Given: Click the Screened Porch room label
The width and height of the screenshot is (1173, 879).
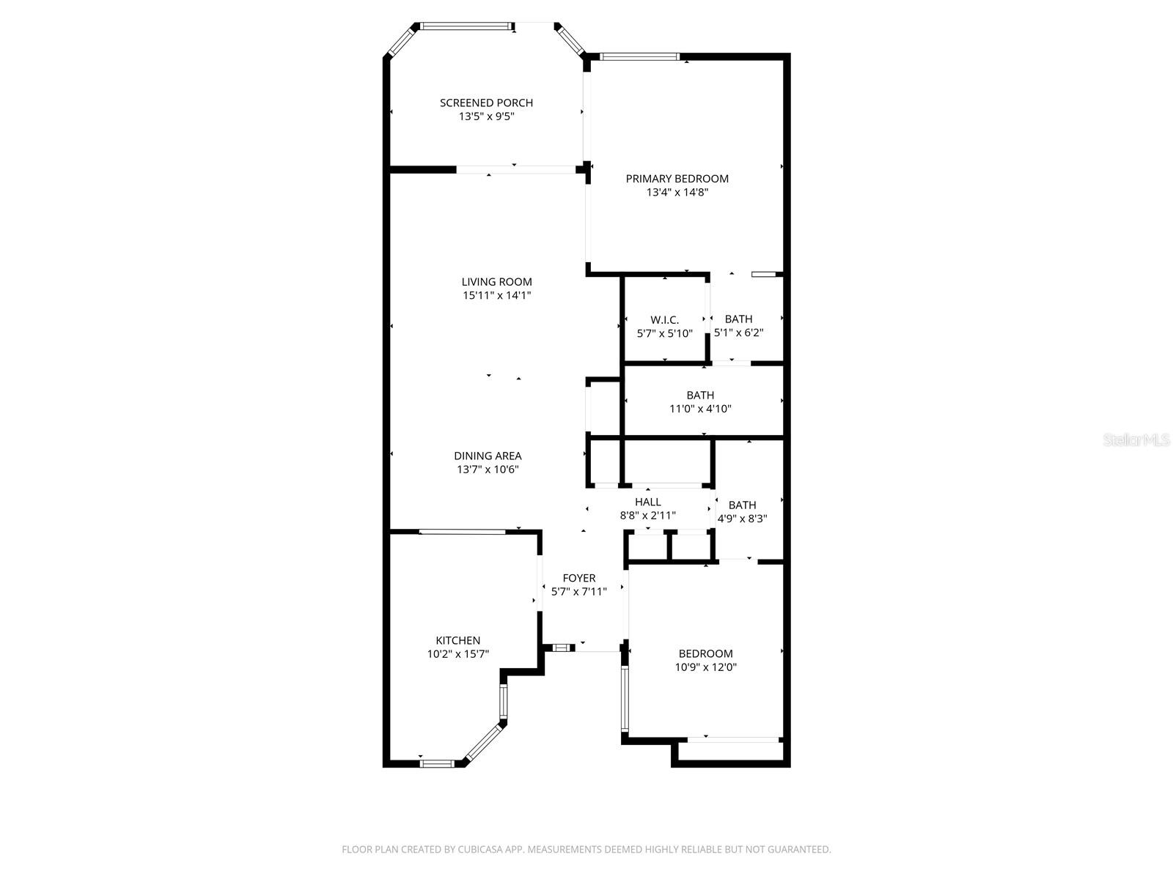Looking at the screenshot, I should click(x=486, y=103).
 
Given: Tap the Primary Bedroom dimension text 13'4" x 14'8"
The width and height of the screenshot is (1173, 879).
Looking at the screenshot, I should click(x=677, y=193).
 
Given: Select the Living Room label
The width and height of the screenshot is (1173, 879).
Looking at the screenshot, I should click(x=496, y=282).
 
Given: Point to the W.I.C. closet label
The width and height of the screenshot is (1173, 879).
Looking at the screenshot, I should click(x=664, y=320).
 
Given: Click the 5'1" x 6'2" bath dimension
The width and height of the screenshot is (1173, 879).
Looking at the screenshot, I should click(x=738, y=333).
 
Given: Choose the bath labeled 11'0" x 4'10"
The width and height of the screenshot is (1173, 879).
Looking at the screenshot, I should click(x=700, y=402).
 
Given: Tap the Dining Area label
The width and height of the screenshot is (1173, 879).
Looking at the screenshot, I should click(x=488, y=456).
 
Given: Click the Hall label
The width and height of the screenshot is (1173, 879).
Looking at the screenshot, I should click(x=647, y=502).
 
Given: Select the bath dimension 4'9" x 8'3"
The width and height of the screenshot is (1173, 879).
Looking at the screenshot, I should click(x=742, y=519).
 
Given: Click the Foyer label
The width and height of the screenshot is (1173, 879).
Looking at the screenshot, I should click(x=578, y=578).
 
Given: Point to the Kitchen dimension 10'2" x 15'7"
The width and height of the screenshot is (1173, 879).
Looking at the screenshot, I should click(x=458, y=654).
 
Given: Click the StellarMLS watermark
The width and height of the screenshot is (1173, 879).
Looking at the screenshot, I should click(x=1136, y=440).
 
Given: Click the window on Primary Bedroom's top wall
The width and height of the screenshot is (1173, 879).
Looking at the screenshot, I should click(x=639, y=56).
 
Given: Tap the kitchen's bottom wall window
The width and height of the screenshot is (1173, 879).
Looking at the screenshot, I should click(x=437, y=763).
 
